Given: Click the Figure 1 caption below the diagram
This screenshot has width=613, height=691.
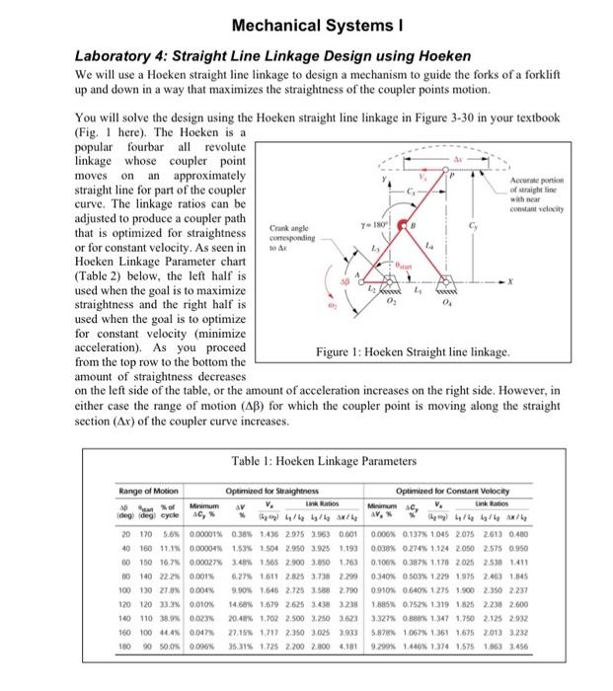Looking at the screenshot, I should pyautogui.click(x=412, y=352).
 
